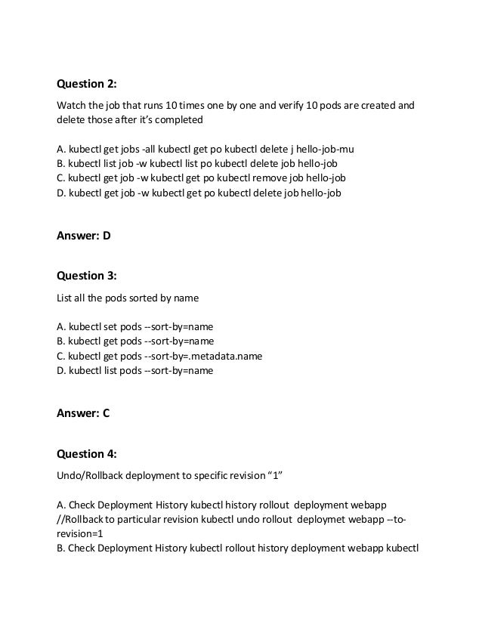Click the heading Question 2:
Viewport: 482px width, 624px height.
tap(87, 83)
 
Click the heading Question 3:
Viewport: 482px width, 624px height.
tap(87, 276)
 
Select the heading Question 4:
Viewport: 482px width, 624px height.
tap(87, 454)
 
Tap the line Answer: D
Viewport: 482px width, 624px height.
tap(84, 235)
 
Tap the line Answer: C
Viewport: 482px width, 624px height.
tap(84, 413)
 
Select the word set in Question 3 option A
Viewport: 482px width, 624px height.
tap(111, 327)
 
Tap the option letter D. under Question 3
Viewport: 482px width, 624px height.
tap(61, 370)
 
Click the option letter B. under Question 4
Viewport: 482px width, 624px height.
tap(61, 548)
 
